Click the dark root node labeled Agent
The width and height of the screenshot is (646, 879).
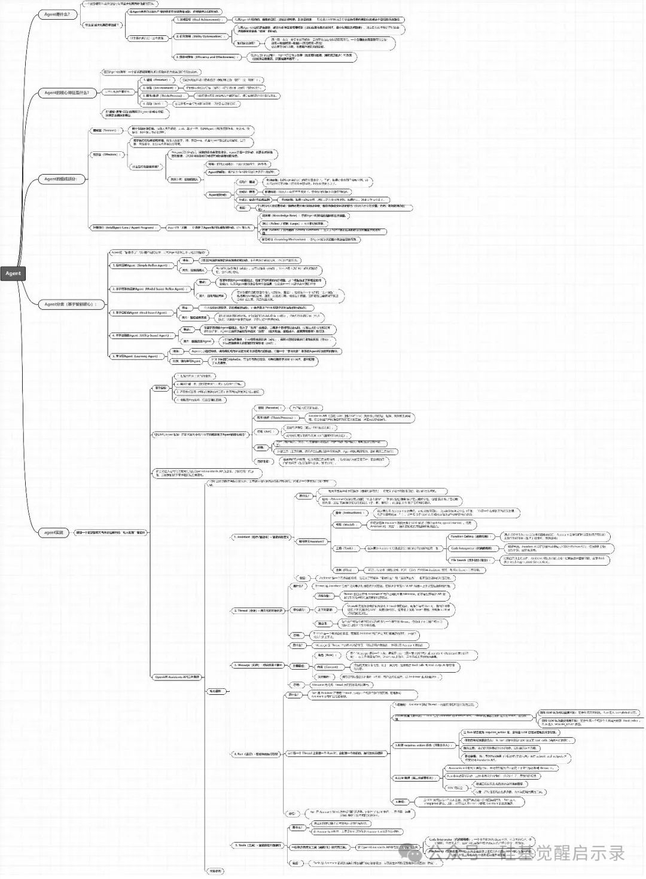click(13, 273)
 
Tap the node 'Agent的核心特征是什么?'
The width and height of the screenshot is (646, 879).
click(67, 93)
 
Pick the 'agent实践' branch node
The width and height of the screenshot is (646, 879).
click(53, 532)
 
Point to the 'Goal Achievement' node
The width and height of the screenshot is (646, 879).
click(198, 19)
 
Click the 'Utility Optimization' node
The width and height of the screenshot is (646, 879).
click(199, 36)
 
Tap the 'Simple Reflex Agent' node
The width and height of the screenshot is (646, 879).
click(142, 265)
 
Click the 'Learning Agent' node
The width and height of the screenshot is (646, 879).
click(136, 356)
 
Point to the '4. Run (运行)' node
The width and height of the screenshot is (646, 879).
click(256, 754)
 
